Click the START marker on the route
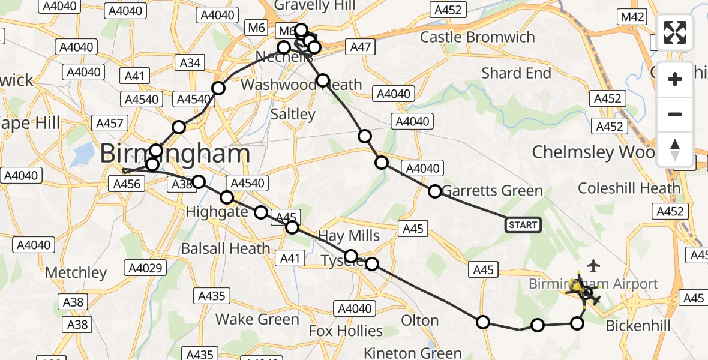pos(523,225)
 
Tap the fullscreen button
pos(675,32)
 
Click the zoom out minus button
pos(675,114)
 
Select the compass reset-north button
pos(675,149)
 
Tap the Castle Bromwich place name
pos(477,37)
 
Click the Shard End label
pos(516,73)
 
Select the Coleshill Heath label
pos(629,188)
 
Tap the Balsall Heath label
pos(226,248)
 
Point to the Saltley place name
pos(293,114)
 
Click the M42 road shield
pos(632,17)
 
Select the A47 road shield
pos(361,47)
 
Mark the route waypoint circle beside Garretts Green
pos(435,191)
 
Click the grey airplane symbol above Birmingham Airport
pos(594,265)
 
